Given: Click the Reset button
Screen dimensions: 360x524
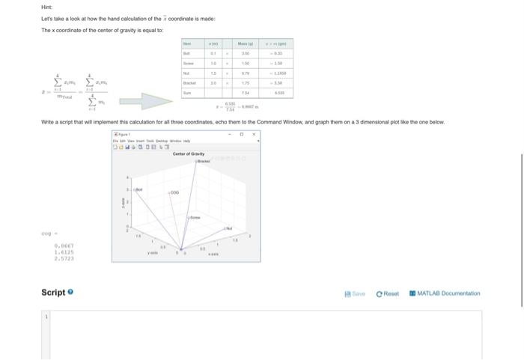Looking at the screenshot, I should pyautogui.click(x=388, y=293).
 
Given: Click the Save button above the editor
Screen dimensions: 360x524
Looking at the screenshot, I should pyautogui.click(x=356, y=293).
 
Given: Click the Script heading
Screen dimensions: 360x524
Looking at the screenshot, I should pyautogui.click(x=53, y=293).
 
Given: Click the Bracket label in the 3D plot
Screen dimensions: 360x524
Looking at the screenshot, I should pyautogui.click(x=202, y=160).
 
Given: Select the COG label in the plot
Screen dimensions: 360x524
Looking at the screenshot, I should pyautogui.click(x=175, y=192).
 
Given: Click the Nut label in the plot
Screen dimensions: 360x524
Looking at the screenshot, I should pyautogui.click(x=229, y=227).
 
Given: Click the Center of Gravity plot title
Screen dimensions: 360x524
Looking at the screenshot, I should pyautogui.click(x=189, y=153).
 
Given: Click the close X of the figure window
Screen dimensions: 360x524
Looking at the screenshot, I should pyautogui.click(x=254, y=135).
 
